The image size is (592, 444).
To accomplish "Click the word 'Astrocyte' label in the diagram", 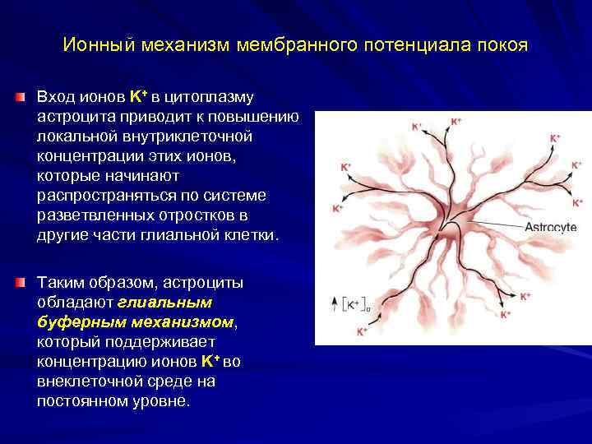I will [550, 227].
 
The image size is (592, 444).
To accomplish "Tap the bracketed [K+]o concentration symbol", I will [357, 304].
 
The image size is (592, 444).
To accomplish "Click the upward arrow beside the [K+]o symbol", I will [334, 303].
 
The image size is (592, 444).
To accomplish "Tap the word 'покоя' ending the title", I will [497, 44].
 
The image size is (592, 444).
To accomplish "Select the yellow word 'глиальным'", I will [163, 303].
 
